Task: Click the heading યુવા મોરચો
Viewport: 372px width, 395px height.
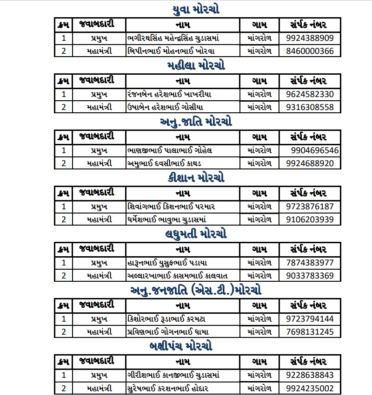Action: (x=196, y=10)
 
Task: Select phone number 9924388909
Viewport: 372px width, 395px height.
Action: (x=310, y=38)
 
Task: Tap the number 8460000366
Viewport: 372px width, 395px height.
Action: (x=310, y=51)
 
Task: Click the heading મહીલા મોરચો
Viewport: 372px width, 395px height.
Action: (x=196, y=66)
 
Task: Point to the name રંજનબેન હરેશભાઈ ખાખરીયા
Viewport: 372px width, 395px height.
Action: (x=169, y=94)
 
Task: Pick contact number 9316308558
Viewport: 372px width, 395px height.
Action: (x=310, y=107)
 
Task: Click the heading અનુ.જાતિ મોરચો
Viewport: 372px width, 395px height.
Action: (x=196, y=122)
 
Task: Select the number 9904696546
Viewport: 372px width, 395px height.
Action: (x=315, y=150)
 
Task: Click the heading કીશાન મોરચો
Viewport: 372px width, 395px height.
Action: (x=196, y=178)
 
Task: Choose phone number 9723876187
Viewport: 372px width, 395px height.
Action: (x=310, y=206)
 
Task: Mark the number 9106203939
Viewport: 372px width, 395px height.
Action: (x=310, y=219)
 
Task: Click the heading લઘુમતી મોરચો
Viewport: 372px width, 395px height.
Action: (x=196, y=234)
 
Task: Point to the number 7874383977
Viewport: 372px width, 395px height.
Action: (x=310, y=262)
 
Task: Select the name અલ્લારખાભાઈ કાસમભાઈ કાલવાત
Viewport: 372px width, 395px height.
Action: (x=177, y=275)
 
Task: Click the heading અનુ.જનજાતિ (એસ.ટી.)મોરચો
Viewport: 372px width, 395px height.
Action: (x=196, y=291)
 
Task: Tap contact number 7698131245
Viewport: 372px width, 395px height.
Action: (x=310, y=332)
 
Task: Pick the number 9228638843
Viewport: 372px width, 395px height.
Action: (x=310, y=375)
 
